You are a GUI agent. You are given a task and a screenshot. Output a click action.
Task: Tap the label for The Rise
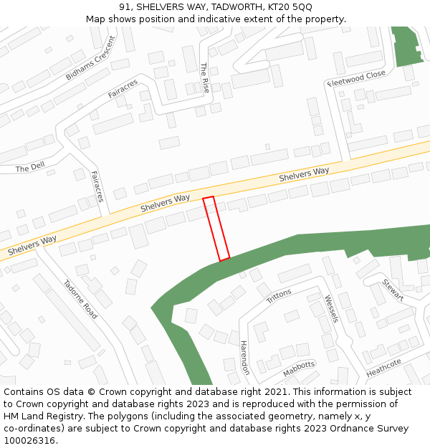[x=205, y=78]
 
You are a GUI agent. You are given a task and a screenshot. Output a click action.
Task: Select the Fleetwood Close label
[x=357, y=78]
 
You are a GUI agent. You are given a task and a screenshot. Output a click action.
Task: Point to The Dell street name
[x=30, y=168]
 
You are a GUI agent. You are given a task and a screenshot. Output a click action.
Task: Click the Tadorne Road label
[x=80, y=300]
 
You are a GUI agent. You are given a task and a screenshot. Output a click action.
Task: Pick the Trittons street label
[x=279, y=296]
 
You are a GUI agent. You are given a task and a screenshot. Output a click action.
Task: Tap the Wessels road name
[x=330, y=308]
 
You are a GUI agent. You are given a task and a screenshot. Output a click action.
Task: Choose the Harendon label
[x=244, y=357]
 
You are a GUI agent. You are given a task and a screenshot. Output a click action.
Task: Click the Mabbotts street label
[x=299, y=368]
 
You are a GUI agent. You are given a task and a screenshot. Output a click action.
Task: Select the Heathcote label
[x=384, y=368]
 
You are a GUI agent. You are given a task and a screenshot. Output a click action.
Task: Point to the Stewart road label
[x=393, y=290]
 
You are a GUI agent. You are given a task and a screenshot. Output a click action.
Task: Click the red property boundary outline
[x=216, y=229]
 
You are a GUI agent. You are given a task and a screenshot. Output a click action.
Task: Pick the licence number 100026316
[x=29, y=440]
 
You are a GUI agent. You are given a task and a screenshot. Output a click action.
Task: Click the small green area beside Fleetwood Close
[x=407, y=47]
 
